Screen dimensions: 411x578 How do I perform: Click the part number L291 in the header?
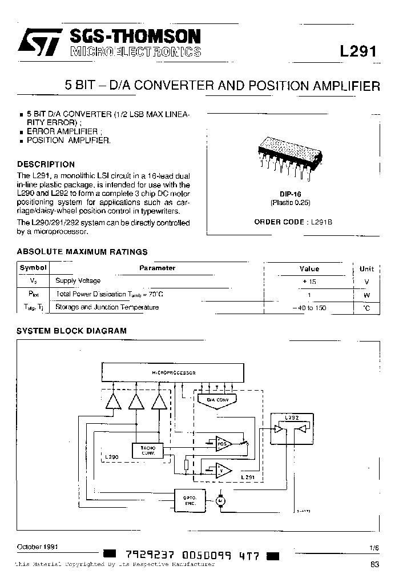click(x=358, y=51)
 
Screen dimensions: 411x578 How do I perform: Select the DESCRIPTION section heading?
click(x=46, y=164)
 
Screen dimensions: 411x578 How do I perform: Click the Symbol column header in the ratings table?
click(x=33, y=268)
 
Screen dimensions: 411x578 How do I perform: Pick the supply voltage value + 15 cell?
click(x=309, y=282)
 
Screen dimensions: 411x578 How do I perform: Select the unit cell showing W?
click(x=366, y=295)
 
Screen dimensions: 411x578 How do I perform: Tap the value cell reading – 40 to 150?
click(x=309, y=308)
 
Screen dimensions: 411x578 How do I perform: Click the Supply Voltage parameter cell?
click(x=78, y=281)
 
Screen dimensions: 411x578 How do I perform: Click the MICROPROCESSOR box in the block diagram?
click(x=174, y=372)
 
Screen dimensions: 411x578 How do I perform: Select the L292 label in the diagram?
click(x=291, y=418)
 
